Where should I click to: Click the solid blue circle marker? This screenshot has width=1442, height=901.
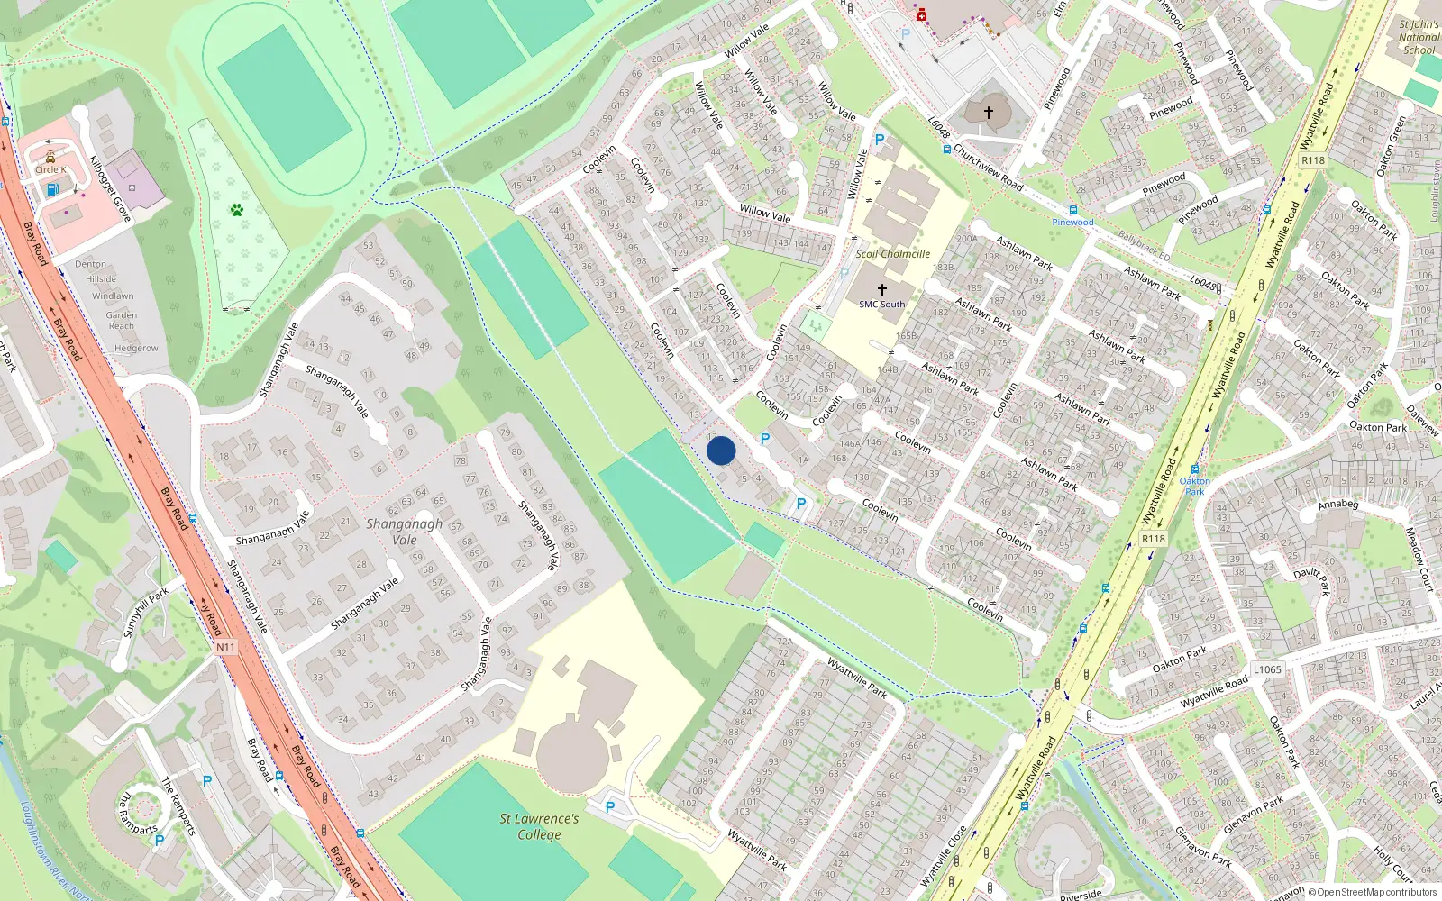pyautogui.click(x=721, y=450)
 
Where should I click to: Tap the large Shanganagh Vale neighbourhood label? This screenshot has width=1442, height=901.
pyautogui.click(x=405, y=532)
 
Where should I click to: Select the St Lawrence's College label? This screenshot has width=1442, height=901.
pyautogui.click(x=539, y=826)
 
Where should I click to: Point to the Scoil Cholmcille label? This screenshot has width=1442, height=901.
pyautogui.click(x=892, y=254)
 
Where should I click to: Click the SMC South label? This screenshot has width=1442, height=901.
pyautogui.click(x=881, y=304)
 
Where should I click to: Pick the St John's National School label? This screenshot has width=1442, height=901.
pyautogui.click(x=1419, y=37)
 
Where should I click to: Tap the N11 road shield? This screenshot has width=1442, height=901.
pyautogui.click(x=225, y=647)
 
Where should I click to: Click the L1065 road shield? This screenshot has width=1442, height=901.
pyautogui.click(x=1267, y=669)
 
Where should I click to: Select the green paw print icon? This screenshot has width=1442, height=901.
pyautogui.click(x=237, y=210)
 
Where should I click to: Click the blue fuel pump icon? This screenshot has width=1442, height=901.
pyautogui.click(x=52, y=189)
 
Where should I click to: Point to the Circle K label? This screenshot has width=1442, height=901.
pyautogui.click(x=50, y=169)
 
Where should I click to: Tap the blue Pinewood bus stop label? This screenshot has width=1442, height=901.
pyautogui.click(x=1072, y=222)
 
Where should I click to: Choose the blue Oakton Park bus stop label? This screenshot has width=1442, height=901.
pyautogui.click(x=1195, y=486)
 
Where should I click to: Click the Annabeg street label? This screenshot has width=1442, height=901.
pyautogui.click(x=1338, y=505)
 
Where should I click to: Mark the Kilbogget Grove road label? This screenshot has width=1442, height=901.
pyautogui.click(x=110, y=189)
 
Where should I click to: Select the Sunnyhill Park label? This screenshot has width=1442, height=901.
pyautogui.click(x=146, y=613)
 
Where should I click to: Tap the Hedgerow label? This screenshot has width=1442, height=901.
pyautogui.click(x=136, y=348)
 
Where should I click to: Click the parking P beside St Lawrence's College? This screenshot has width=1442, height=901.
pyautogui.click(x=610, y=807)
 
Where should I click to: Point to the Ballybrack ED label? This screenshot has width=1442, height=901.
pyautogui.click(x=1144, y=246)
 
